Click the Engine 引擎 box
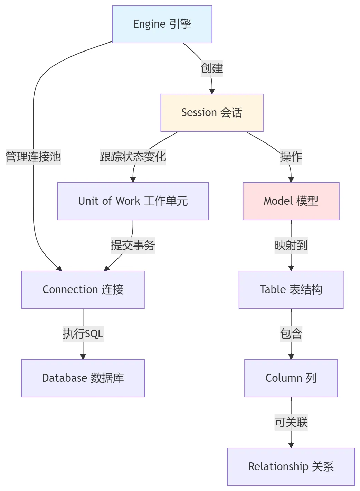point(162,24)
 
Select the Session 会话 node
point(212,113)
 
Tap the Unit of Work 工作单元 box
point(133,201)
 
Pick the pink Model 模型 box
point(291,201)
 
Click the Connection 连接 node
point(83,290)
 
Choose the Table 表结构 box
point(291,290)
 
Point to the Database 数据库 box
point(83,378)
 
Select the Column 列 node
point(291,378)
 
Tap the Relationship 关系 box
point(291,467)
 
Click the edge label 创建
point(212,68)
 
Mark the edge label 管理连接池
point(33,157)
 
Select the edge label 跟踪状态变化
point(133,157)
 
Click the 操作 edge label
point(291,157)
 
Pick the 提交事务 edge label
point(133,245)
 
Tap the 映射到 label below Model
point(291,245)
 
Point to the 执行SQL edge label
point(83,334)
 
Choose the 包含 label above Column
point(291,334)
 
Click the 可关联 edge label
point(291,422)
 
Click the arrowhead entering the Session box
point(212,91)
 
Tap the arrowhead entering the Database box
point(83,357)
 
